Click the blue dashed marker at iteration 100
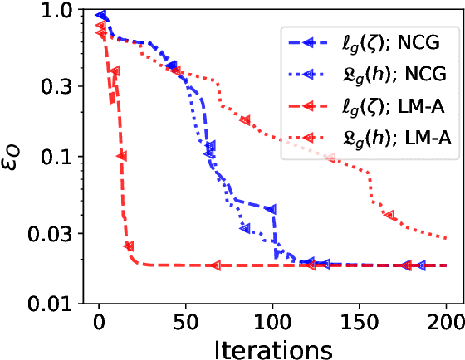pos(272,208)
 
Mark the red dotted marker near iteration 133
pos(330,156)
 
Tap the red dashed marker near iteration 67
pos(215,265)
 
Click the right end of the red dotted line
pos(446,238)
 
